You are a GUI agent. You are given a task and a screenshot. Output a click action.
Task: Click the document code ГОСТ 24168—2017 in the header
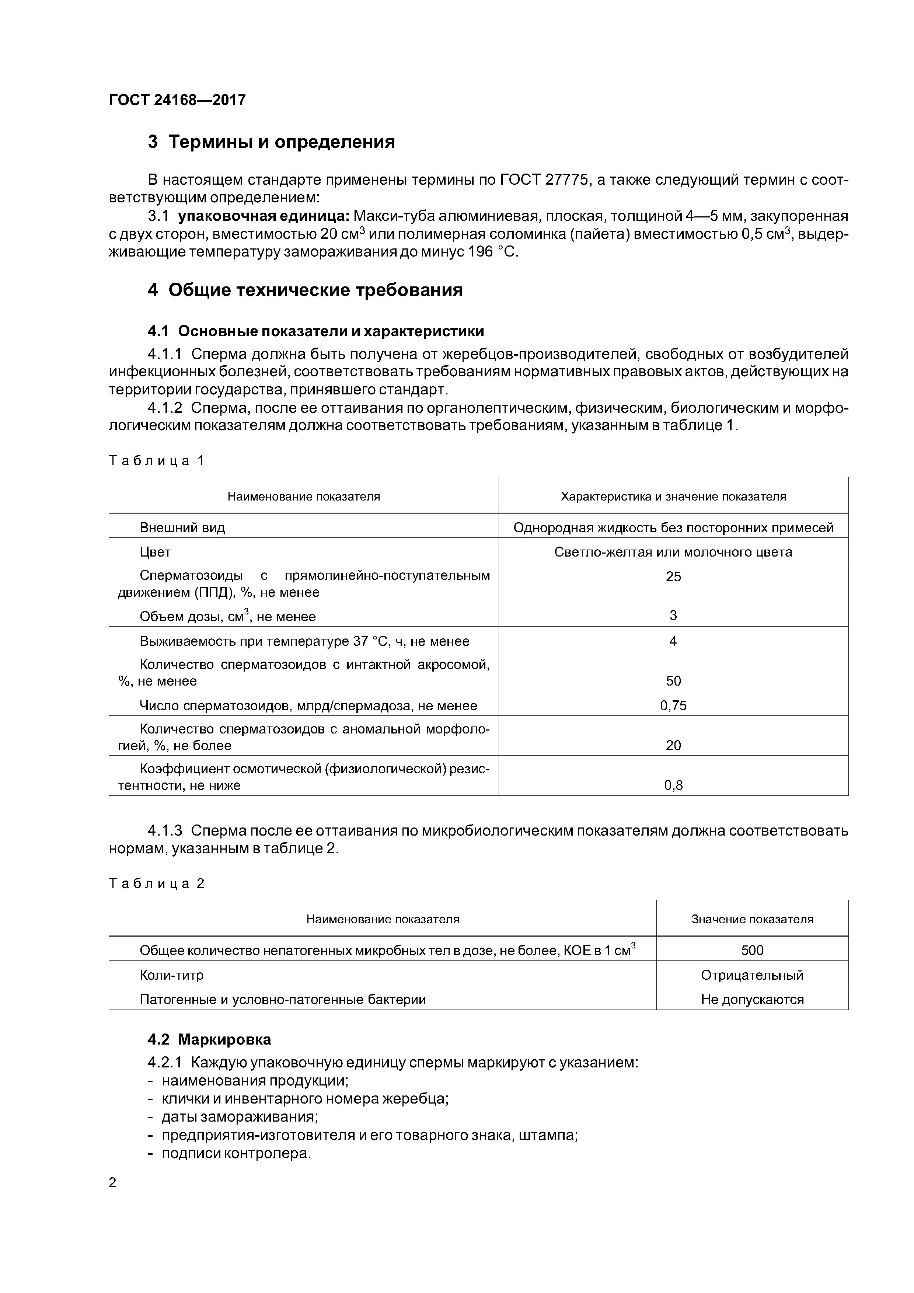pos(177,100)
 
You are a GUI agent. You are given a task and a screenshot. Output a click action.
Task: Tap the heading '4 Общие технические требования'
pos(305,290)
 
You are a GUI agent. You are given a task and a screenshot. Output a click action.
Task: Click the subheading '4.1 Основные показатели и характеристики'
pos(315,331)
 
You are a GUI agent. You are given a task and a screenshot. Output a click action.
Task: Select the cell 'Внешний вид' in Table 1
pos(182,528)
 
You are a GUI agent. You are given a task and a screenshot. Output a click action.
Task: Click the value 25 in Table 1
pos(673,577)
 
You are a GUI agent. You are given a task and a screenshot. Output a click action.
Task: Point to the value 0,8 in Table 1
pos(673,785)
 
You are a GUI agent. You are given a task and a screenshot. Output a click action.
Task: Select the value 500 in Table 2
pos(752,951)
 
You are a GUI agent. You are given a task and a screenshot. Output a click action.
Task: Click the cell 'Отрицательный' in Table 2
pos(752,975)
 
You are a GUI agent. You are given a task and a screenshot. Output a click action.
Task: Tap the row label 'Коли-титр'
pos(171,975)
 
